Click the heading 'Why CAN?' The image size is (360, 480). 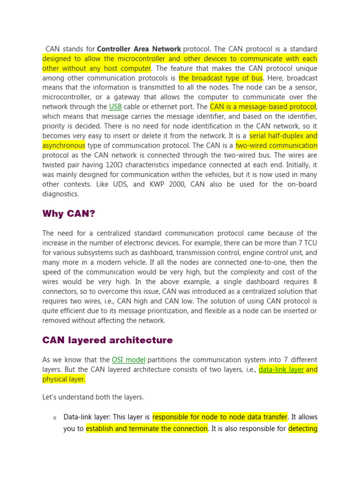point(68,214)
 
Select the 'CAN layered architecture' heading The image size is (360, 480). point(107,340)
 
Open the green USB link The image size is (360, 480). point(115,107)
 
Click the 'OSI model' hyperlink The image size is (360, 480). point(128,360)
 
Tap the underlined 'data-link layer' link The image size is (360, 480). point(281,369)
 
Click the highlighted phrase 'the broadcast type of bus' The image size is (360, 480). point(221,78)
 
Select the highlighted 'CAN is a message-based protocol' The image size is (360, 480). point(263,107)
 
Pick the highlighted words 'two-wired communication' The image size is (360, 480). point(276,145)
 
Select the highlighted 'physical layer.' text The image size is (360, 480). point(64,379)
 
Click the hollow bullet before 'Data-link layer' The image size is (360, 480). point(55,418)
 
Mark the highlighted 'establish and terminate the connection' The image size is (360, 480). point(147,428)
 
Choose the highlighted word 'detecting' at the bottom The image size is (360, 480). point(303,428)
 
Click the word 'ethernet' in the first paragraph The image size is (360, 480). point(160,107)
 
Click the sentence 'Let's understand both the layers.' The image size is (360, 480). point(93,397)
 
